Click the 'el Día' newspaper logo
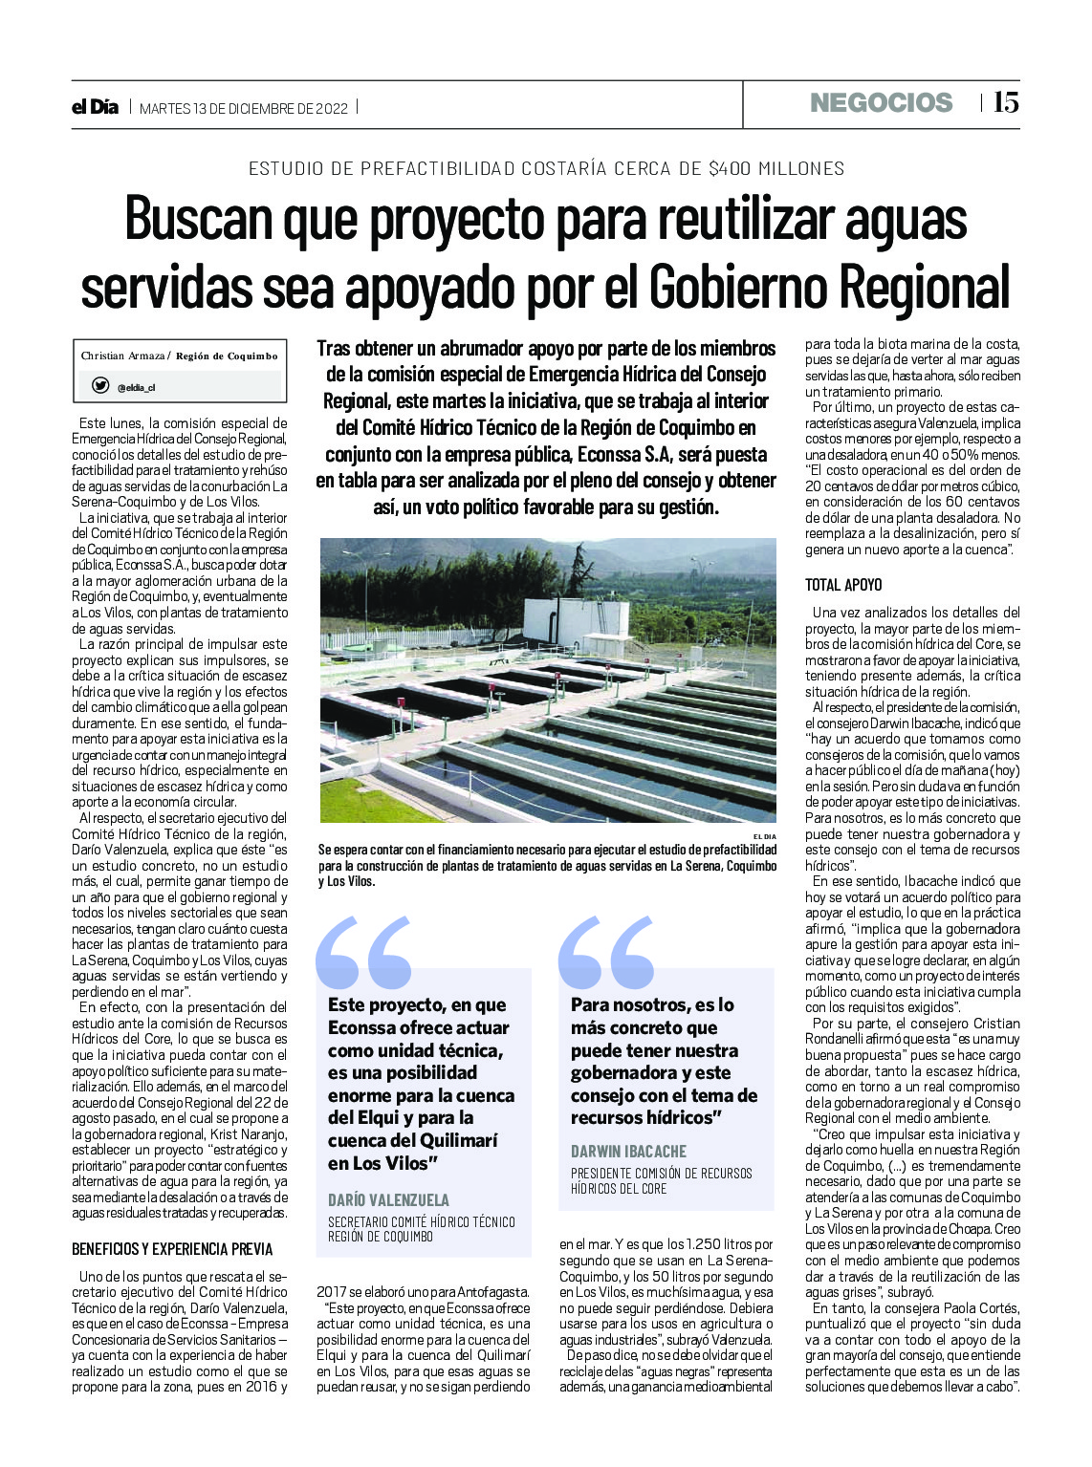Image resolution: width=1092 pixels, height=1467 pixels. click(x=95, y=107)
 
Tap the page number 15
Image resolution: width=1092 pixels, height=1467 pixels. click(x=1005, y=103)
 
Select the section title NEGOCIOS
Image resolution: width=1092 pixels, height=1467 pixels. click(x=881, y=103)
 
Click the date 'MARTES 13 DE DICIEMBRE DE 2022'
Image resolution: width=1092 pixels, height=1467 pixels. click(x=244, y=108)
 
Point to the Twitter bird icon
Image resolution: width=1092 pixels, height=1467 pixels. click(x=99, y=385)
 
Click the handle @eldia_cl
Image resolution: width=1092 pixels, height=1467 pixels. click(x=136, y=388)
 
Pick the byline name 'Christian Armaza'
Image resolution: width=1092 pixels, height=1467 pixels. click(x=122, y=356)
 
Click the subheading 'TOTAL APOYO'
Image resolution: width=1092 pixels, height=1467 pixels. click(x=843, y=585)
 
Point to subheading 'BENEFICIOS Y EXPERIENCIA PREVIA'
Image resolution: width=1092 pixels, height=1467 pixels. click(x=172, y=1249)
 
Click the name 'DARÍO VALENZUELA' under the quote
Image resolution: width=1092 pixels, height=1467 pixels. click(x=388, y=1199)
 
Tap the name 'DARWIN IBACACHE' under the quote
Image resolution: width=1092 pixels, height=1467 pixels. click(x=628, y=1152)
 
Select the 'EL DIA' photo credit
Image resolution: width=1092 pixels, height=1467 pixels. click(x=764, y=836)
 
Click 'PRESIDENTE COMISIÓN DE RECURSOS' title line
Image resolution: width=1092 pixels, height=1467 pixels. click(x=661, y=1174)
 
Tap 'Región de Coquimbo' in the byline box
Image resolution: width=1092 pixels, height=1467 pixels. click(x=227, y=356)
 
